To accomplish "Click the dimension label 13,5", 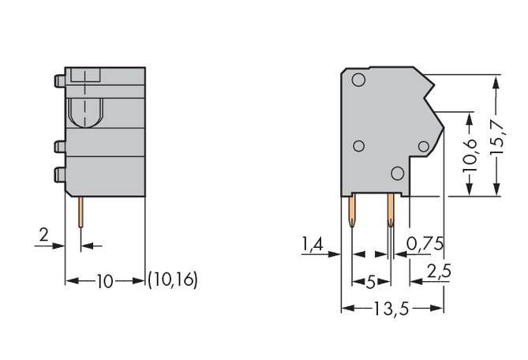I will point(391,309).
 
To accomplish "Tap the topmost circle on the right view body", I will point(358,80).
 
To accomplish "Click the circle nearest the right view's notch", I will point(424,147).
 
